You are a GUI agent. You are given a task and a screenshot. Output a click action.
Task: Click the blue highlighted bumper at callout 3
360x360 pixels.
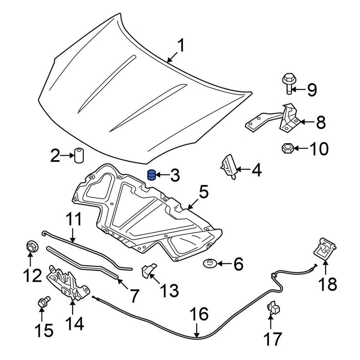(151, 175)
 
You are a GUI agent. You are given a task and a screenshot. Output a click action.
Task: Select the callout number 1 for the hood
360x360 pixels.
(181, 46)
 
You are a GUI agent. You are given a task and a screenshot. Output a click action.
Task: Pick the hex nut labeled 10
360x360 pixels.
(287, 148)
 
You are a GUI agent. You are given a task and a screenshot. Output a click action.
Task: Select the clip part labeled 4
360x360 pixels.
(228, 166)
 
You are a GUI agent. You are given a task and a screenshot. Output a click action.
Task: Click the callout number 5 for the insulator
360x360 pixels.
(203, 193)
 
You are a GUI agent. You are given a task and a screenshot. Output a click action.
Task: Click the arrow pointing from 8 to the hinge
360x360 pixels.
(306, 122)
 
